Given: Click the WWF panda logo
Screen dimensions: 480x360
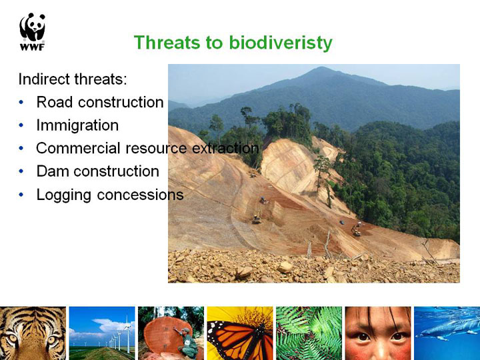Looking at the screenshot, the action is (33, 31).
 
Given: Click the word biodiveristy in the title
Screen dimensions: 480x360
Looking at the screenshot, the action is (281, 43).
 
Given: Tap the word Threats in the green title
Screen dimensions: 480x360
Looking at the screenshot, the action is (167, 42).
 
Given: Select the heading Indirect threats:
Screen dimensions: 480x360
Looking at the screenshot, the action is (73, 79).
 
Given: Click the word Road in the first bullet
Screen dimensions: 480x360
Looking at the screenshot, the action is (55, 102).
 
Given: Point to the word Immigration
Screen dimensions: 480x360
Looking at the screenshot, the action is (77, 125).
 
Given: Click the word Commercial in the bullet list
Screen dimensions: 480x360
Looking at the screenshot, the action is (78, 148).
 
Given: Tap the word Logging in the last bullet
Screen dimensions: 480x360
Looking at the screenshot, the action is (64, 195).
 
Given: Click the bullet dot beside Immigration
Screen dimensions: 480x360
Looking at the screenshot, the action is (21, 125).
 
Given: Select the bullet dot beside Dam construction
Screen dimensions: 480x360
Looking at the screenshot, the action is (21, 171).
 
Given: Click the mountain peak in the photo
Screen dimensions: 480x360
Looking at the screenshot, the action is (320, 68).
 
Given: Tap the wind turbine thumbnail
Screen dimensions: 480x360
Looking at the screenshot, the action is (102, 333).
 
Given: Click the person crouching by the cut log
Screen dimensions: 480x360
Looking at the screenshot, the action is (187, 343).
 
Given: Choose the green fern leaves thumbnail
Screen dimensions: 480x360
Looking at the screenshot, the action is (309, 333).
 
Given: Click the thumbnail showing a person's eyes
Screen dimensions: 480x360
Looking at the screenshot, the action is (378, 333).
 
